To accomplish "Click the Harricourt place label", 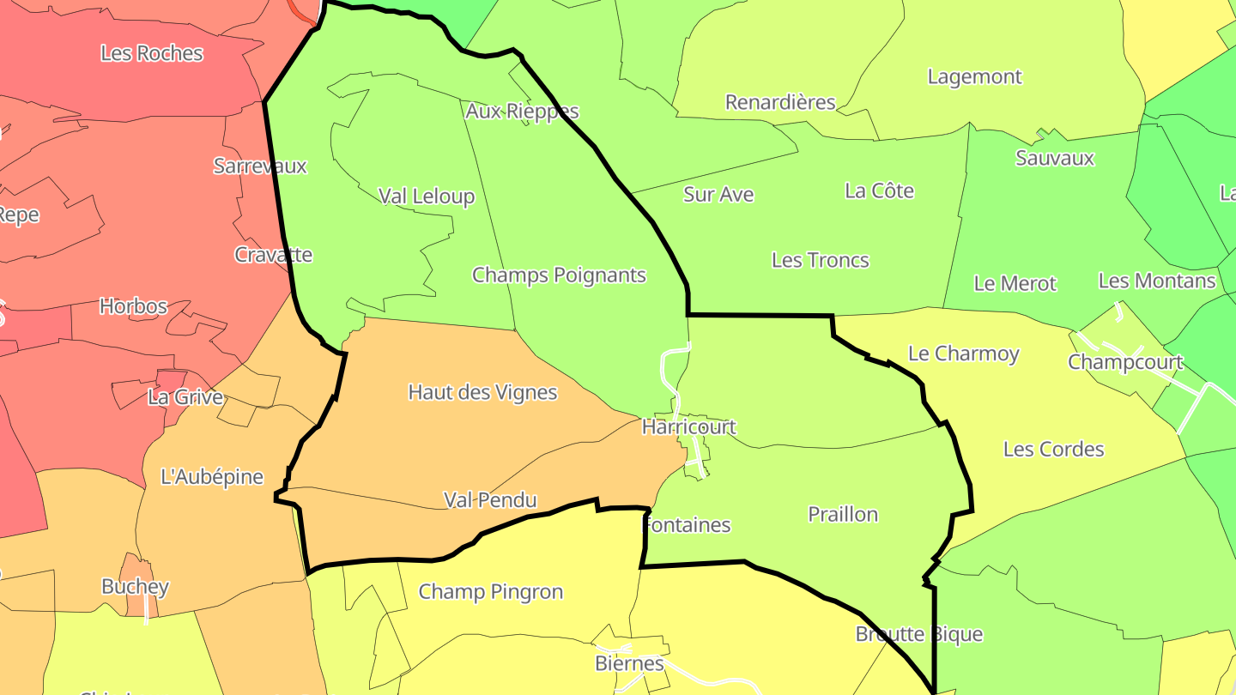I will coord(688,426).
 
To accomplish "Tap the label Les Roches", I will coord(152,53).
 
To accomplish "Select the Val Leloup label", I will coord(427,196).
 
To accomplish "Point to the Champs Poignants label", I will coord(559,275).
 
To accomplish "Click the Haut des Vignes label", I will coord(482,393).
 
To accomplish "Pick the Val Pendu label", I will coord(490,500).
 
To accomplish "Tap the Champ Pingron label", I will coord(491,592).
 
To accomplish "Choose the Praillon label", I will coord(843,515).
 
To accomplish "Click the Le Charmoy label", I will coord(963,354).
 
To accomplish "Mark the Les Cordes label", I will coord(1053,450).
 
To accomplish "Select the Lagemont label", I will coord(974,77).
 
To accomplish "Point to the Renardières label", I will coord(780,103).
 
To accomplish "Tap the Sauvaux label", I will coord(1055,159).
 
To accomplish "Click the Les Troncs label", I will coord(820,261).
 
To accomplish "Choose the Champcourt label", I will coord(1124,363).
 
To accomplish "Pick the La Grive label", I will coord(185,398).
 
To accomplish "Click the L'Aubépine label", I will coord(212,477).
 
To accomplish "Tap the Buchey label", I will coord(135,588).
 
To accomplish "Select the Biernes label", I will coord(629,664).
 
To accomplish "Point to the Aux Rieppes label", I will coord(522,112).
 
